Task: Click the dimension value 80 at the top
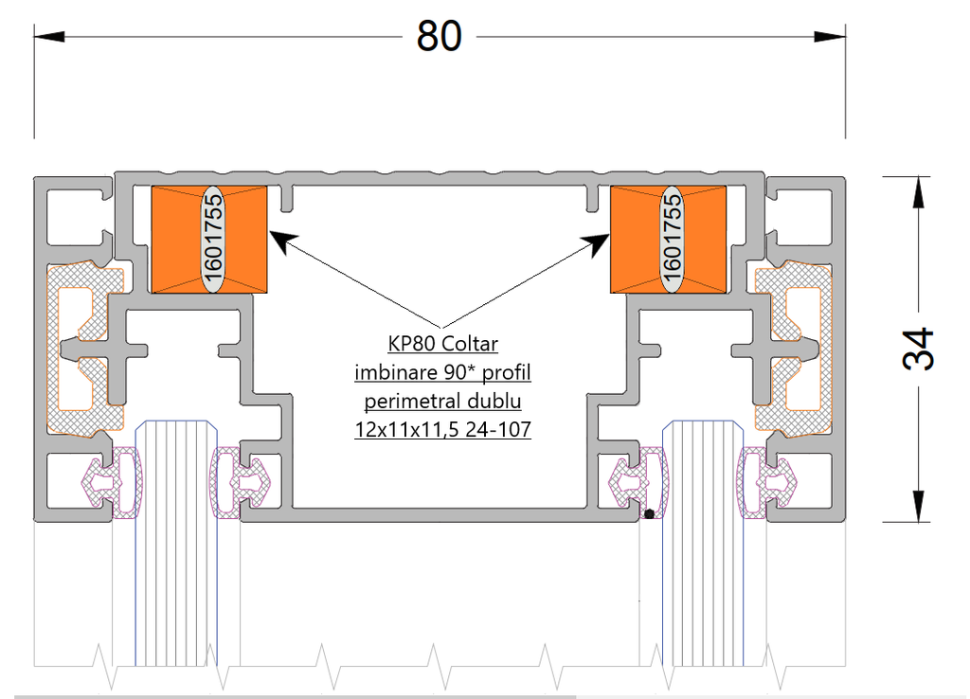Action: pos(440,36)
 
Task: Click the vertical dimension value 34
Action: pos(917,349)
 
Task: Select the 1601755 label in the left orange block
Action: pos(212,239)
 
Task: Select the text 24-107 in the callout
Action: pos(499,429)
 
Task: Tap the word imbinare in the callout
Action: pos(390,371)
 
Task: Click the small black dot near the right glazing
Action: pos(649,515)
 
